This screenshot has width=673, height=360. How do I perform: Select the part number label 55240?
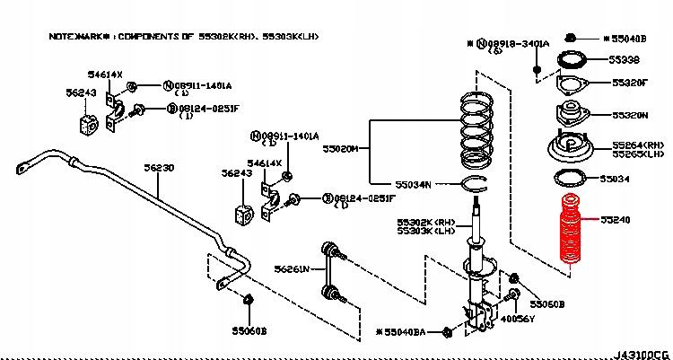point(628,219)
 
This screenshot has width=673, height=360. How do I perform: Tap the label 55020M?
point(341,149)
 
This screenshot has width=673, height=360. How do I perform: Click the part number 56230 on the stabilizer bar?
point(160,168)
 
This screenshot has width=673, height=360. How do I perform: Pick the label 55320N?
point(630,116)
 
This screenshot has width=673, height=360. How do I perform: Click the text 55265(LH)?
point(639,154)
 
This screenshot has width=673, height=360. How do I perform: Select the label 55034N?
point(415,185)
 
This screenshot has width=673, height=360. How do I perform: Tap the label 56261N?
point(292,268)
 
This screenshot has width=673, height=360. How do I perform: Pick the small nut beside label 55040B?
point(571,38)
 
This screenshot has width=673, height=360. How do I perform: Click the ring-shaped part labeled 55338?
point(572,60)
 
